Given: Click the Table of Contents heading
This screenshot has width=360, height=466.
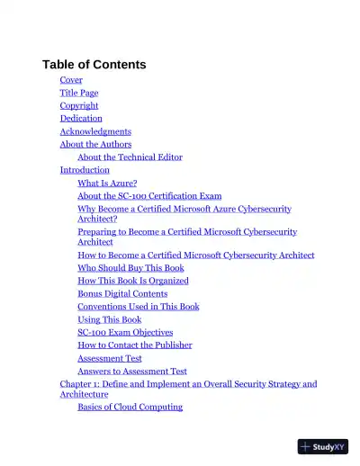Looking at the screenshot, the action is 94,65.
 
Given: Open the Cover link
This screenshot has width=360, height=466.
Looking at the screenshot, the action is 71,80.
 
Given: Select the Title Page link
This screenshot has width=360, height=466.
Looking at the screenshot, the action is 79,93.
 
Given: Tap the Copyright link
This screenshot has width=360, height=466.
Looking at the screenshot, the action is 79,105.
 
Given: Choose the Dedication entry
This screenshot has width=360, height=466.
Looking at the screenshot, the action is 81,118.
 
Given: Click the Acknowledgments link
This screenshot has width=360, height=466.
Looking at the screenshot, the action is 95,131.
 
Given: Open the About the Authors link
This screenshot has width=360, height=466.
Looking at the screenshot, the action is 95,144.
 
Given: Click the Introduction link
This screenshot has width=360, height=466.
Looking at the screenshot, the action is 85,169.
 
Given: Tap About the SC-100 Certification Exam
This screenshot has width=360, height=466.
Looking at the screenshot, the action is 149,195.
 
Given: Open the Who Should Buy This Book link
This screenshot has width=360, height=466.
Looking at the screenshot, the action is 130,267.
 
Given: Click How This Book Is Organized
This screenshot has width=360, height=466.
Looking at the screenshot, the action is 133,281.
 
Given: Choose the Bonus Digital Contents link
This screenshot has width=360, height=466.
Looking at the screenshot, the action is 122,293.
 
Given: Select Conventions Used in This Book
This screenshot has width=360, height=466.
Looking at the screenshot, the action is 139,306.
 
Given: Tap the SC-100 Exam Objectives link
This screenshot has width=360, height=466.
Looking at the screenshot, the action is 125,332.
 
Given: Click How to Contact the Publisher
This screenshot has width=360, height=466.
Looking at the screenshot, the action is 134,345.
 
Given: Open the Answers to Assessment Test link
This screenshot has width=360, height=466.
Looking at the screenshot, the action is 132,371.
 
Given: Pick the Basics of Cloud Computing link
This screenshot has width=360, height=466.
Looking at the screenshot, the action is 130,407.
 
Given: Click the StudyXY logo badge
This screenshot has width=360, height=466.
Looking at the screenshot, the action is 322,446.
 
